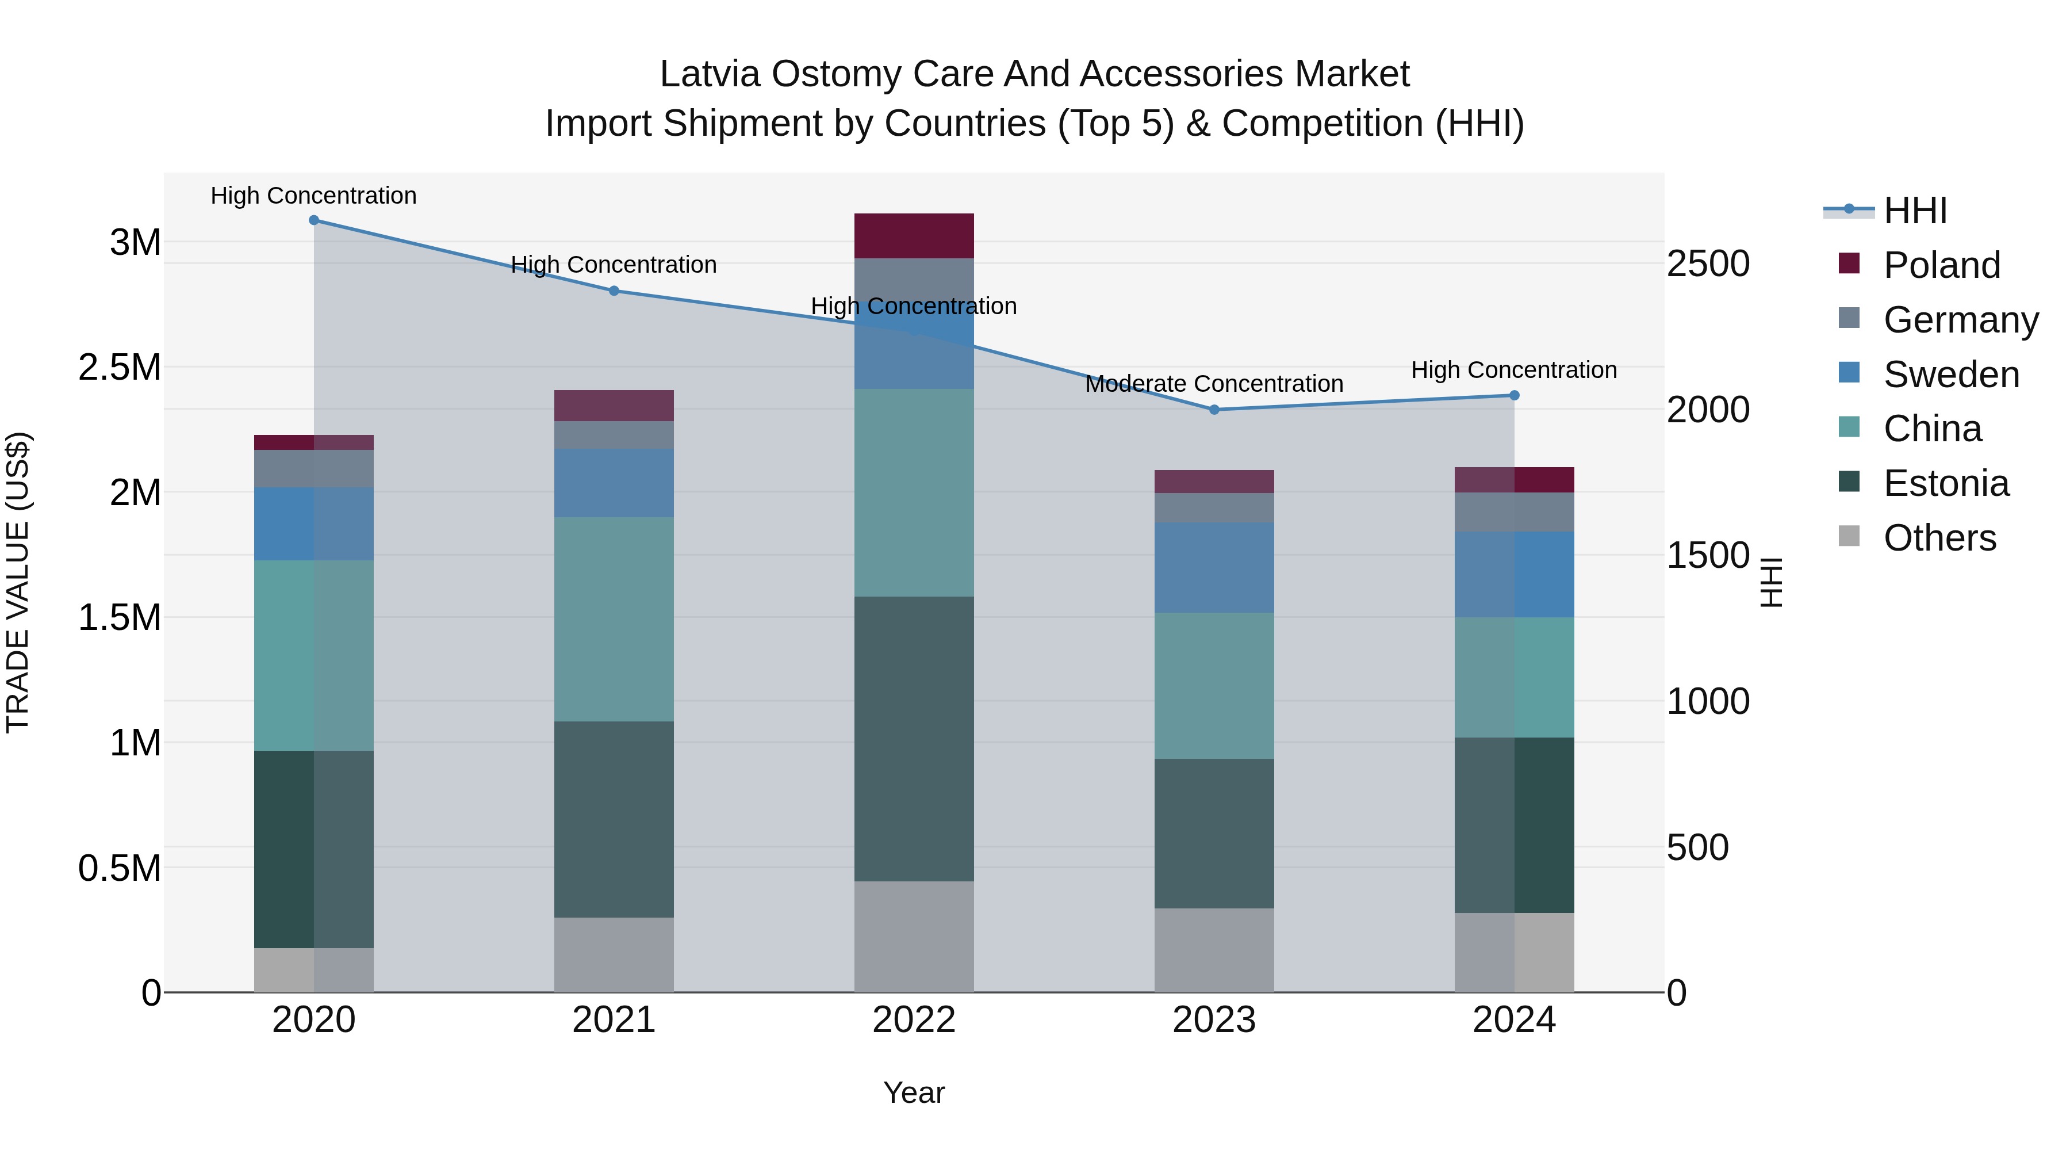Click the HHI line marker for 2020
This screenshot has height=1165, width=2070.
[x=313, y=220]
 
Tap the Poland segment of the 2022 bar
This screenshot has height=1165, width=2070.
[x=914, y=235]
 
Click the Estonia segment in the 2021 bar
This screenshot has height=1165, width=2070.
[x=614, y=819]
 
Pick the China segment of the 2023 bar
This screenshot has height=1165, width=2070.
[x=1214, y=685]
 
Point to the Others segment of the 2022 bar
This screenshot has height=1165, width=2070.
[x=914, y=936]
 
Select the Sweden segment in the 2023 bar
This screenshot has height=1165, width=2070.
[x=1214, y=568]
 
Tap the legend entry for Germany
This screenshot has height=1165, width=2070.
[x=1960, y=320]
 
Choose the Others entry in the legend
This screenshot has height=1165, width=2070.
[x=1939, y=538]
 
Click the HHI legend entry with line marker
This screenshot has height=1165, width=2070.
[x=1914, y=211]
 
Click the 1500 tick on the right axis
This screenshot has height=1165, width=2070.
[x=1708, y=556]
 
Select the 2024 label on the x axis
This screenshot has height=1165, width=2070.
[x=1514, y=1020]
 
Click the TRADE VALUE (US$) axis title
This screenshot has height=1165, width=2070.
[x=18, y=582]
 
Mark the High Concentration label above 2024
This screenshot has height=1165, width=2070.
[x=1514, y=370]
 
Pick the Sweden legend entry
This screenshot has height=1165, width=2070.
[x=1950, y=375]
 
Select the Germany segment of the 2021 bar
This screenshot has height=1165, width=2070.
[x=614, y=435]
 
